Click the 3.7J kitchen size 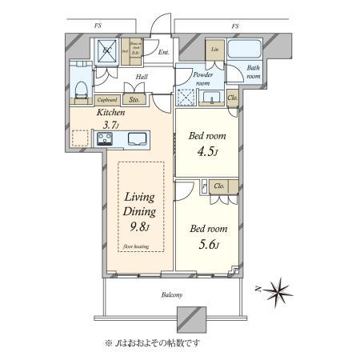110,125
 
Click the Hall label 142,77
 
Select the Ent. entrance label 163,53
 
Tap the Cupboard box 107,100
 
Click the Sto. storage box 134,100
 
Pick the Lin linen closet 214,50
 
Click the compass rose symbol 280,288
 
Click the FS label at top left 98,26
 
